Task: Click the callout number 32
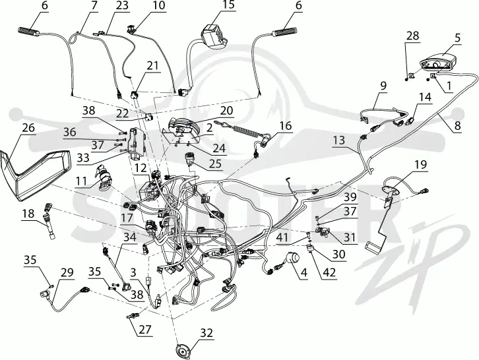(207, 333)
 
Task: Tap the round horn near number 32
(182, 349)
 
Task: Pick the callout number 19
(420, 165)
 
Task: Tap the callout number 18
(28, 214)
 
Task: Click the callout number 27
(144, 330)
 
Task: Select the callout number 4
(303, 273)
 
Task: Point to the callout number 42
(329, 272)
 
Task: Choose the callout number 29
(67, 272)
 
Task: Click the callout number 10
(159, 5)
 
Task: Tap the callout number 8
(457, 125)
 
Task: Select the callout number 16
(286, 125)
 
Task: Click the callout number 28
(413, 36)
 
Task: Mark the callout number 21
(153, 66)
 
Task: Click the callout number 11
(81, 181)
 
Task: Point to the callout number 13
(338, 140)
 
